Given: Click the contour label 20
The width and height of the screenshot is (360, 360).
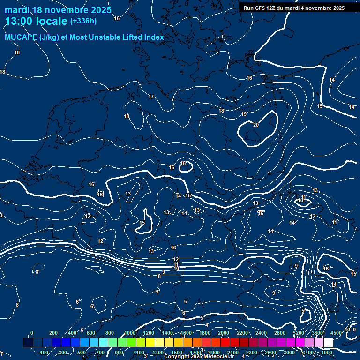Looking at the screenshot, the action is click(x=255, y=125).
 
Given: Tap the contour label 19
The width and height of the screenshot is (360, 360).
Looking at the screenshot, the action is click(x=244, y=114).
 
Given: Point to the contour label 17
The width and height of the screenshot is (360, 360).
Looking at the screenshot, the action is click(x=151, y=97).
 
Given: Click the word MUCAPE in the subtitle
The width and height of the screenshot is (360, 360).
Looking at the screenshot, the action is click(x=21, y=37).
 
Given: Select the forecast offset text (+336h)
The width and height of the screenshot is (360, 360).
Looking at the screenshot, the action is click(x=83, y=21).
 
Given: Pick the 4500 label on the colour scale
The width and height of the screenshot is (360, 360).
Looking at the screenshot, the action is click(x=336, y=333).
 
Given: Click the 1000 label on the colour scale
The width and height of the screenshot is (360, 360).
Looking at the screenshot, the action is click(x=130, y=333).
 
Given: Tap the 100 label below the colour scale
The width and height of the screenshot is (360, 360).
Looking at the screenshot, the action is click(x=45, y=352).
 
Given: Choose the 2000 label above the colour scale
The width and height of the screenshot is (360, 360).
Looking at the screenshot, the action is click(x=224, y=333).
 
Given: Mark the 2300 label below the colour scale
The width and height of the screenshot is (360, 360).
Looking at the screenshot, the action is click(x=252, y=352).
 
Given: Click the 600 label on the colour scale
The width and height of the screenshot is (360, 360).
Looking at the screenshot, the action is click(x=91, y=333).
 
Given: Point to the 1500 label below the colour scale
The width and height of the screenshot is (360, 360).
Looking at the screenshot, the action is click(x=177, y=352).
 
